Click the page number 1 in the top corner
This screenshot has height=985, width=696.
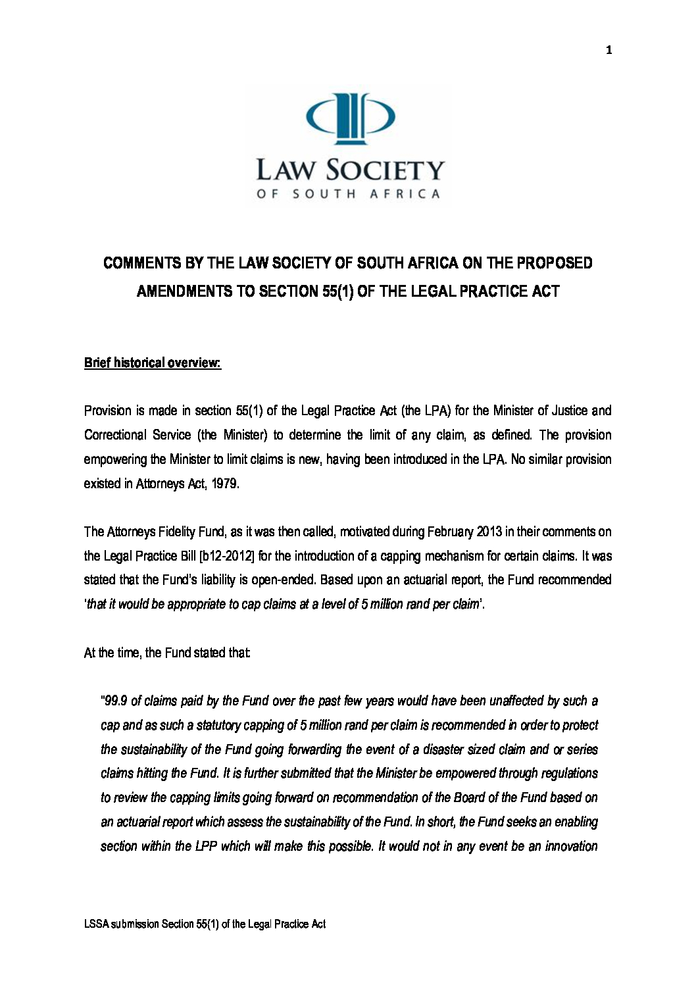(x=609, y=50)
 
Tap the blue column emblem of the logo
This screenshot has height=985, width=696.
(x=351, y=118)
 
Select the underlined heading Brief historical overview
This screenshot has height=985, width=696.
(x=152, y=363)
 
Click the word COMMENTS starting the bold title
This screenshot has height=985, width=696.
(x=142, y=263)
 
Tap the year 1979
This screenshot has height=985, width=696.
(x=225, y=484)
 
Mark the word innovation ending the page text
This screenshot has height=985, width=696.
(x=570, y=846)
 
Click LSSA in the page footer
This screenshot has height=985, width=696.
(x=96, y=924)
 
